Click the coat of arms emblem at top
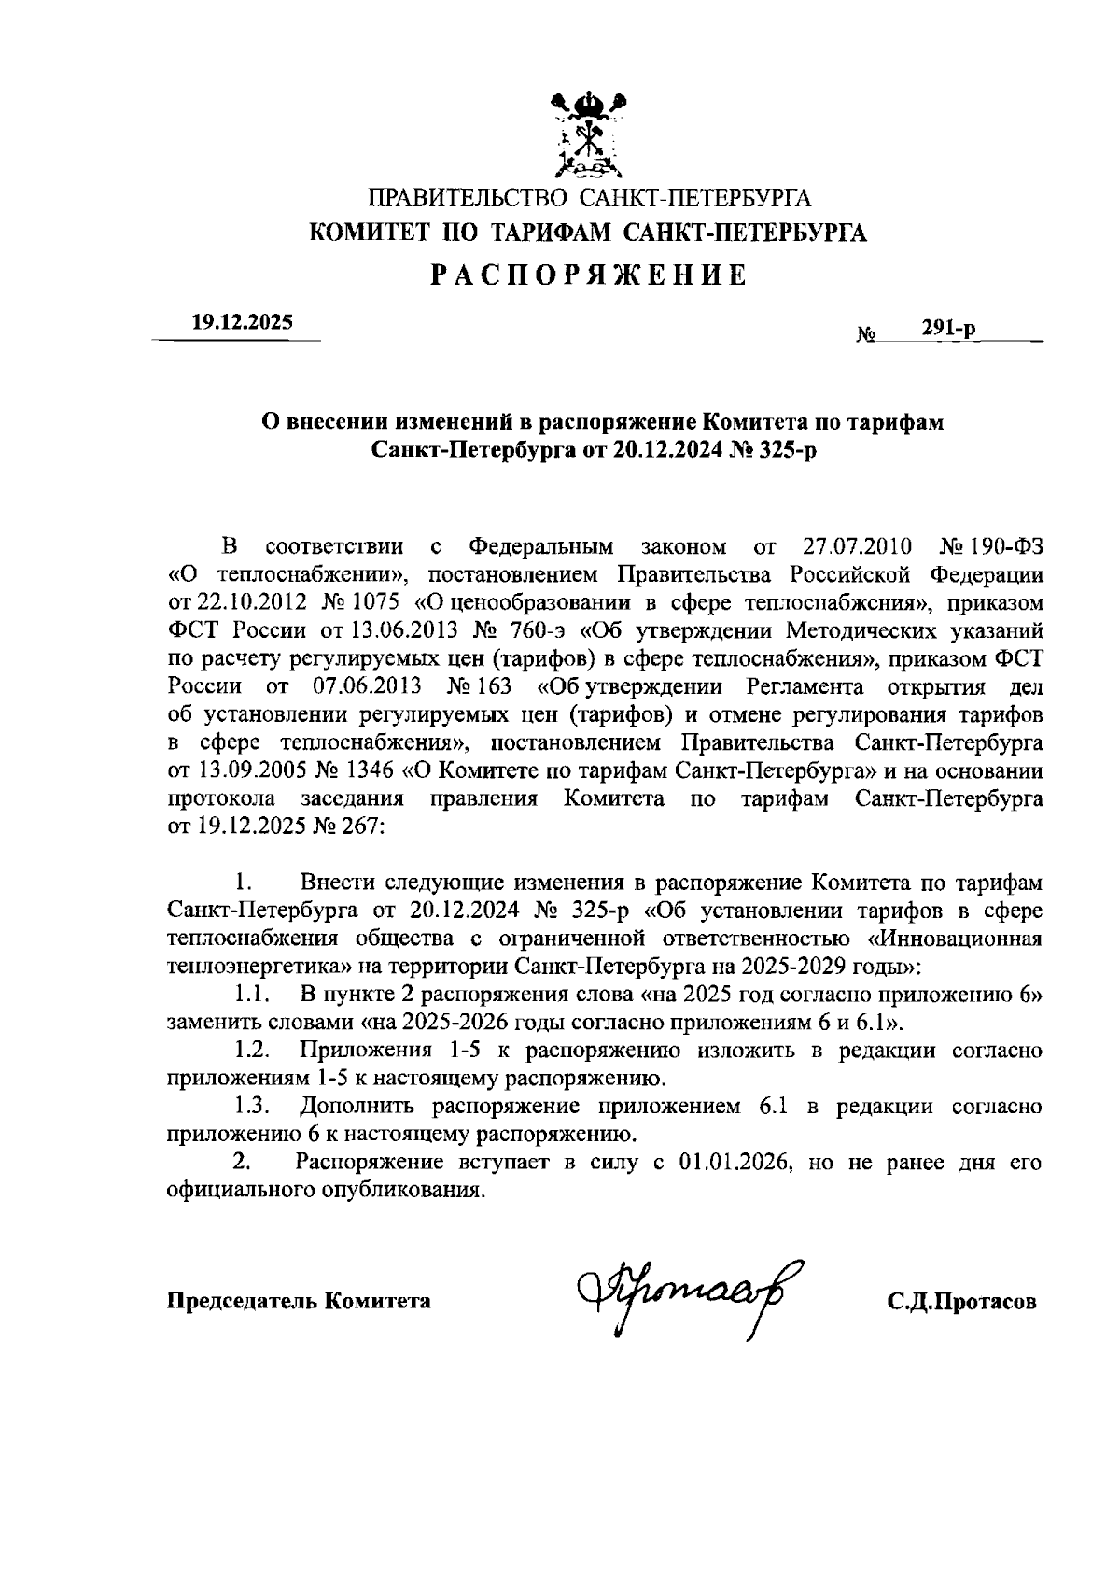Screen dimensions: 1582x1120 pos(588,135)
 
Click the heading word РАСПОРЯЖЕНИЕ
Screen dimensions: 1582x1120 pos(588,275)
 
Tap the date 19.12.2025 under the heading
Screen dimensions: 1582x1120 pos(242,322)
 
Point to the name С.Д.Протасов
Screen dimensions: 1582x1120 pos(961,1302)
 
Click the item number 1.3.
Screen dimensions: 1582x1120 pos(252,1107)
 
